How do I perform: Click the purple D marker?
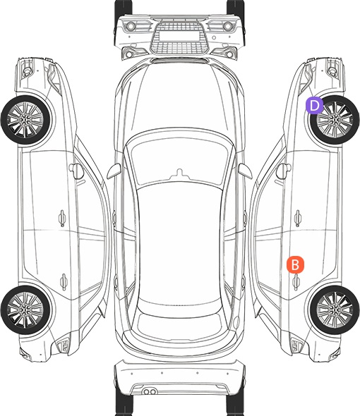pyautogui.click(x=314, y=106)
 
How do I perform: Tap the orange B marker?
pyautogui.click(x=295, y=264)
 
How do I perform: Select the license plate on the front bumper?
pyautogui.click(x=179, y=36)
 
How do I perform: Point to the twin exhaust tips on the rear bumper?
pyautogui.click(x=150, y=391)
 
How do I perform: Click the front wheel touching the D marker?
pyautogui.click(x=335, y=120)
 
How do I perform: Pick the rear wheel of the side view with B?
pyautogui.click(x=335, y=310)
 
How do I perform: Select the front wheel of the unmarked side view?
pyautogui.click(x=25, y=120)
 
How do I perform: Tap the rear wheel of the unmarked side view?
pyautogui.click(x=25, y=310)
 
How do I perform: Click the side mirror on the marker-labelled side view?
pyautogui.click(x=283, y=171)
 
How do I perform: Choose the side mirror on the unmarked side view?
pyautogui.click(x=76, y=171)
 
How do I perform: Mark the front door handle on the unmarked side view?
pyautogui.click(x=62, y=218)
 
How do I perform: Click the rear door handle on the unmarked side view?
pyautogui.click(x=64, y=281)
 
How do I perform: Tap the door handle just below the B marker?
pyautogui.click(x=296, y=281)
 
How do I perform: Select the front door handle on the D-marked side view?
pyautogui.click(x=298, y=218)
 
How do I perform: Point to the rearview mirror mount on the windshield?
pyautogui.click(x=179, y=173)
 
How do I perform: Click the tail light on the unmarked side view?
pyautogui.click(x=64, y=345)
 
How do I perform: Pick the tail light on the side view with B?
pyautogui.click(x=296, y=345)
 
